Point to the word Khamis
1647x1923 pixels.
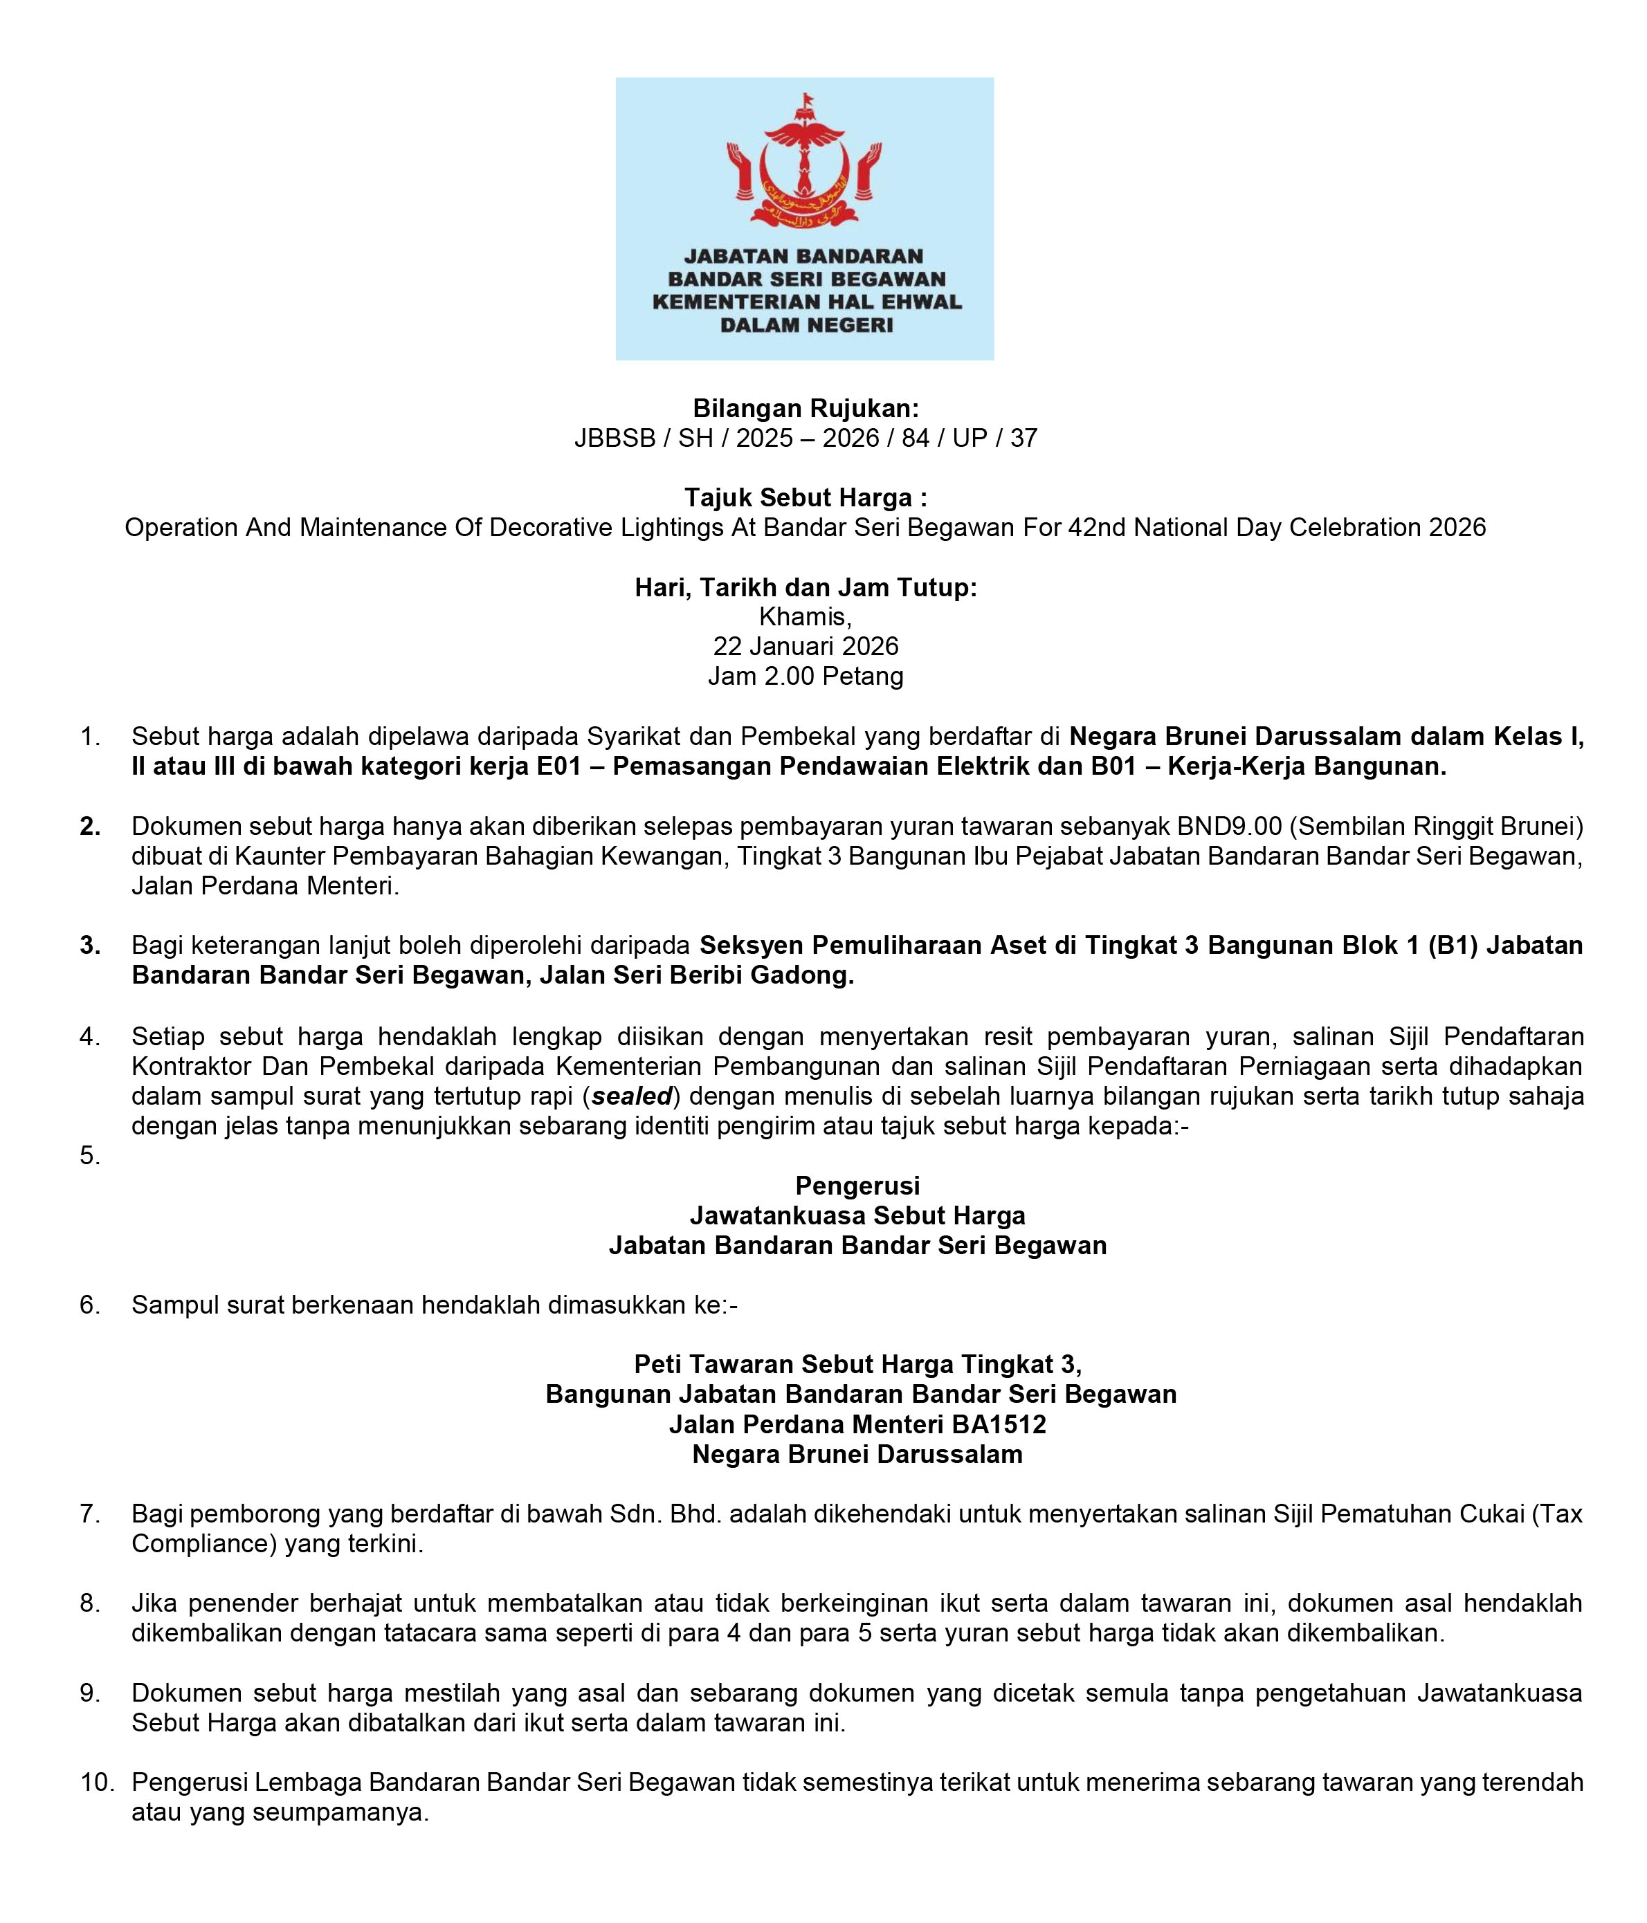pyautogui.click(x=805, y=616)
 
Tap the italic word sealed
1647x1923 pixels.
pyautogui.click(x=631, y=1096)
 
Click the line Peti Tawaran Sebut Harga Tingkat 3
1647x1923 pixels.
pyautogui.click(x=857, y=1364)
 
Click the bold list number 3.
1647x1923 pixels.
pyautogui.click(x=90, y=946)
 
